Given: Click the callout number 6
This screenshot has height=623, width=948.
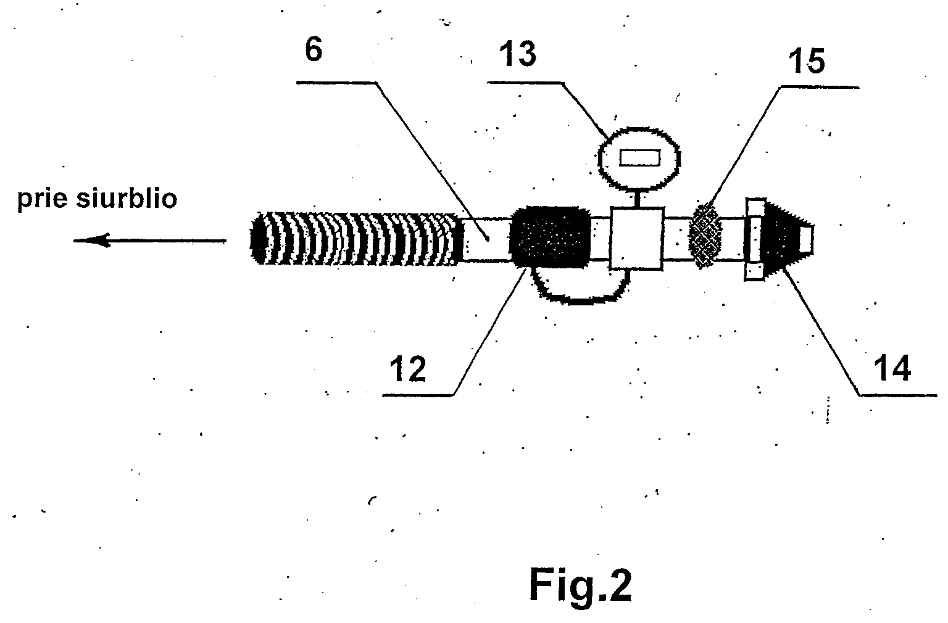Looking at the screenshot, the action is [x=314, y=51].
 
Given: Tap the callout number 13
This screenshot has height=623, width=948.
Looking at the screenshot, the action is [x=518, y=54].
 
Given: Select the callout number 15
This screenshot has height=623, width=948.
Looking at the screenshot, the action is [x=807, y=61].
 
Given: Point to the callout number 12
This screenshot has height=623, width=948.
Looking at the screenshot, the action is [x=407, y=369].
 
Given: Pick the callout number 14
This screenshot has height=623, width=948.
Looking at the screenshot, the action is [x=892, y=369].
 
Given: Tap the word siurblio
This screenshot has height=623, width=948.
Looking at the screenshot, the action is [x=127, y=198].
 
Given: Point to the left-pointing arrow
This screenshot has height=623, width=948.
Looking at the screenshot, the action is [x=150, y=241].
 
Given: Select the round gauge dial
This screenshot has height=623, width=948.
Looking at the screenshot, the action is [x=639, y=159].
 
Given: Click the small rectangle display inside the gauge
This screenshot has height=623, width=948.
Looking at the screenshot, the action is [x=639, y=158].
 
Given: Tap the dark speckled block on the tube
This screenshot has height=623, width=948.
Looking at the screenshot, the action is [x=550, y=237].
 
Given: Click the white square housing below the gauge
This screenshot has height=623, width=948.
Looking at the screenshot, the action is [x=636, y=238].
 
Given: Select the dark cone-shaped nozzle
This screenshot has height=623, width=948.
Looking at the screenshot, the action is [x=784, y=238].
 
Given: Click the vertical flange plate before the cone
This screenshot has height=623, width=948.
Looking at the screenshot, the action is [x=755, y=239].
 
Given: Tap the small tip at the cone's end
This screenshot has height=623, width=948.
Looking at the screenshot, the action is [x=806, y=239].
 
